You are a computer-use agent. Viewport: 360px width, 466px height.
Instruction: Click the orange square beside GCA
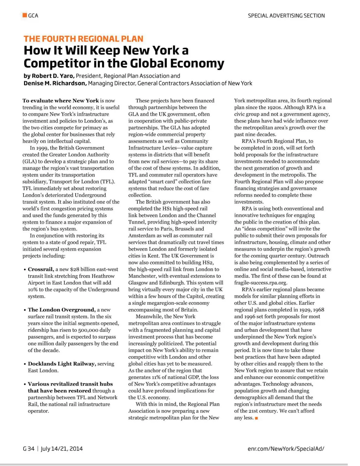click(x=25, y=15)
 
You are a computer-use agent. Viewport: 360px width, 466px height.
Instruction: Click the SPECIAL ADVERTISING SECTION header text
click(x=286, y=15)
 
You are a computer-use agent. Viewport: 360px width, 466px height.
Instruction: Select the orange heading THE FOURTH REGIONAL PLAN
click(x=83, y=39)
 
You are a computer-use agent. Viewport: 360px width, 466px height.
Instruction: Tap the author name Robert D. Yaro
click(x=53, y=76)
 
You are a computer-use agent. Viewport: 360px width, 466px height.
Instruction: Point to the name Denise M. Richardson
click(x=55, y=83)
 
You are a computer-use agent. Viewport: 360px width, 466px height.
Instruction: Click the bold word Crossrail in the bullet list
click(x=41, y=269)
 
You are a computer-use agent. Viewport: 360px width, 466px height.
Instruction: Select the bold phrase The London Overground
click(x=62, y=310)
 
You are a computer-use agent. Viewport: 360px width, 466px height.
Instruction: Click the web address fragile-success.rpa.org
click(x=261, y=283)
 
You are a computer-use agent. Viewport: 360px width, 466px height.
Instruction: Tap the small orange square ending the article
click(x=256, y=418)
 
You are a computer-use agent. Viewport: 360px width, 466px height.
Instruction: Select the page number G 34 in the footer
click(x=29, y=448)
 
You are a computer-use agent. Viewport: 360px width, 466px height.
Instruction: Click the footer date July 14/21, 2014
click(x=62, y=448)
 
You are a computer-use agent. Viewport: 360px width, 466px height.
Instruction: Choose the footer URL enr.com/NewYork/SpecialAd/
click(x=286, y=448)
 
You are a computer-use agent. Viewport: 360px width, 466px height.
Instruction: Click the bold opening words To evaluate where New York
click(x=60, y=101)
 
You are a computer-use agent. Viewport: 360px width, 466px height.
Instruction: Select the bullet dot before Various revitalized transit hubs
click(x=25, y=384)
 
